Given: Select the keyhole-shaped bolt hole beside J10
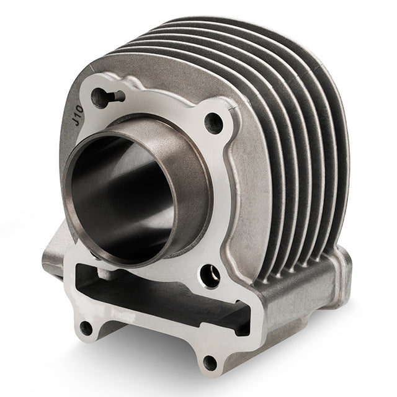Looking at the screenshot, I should coord(99,96).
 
